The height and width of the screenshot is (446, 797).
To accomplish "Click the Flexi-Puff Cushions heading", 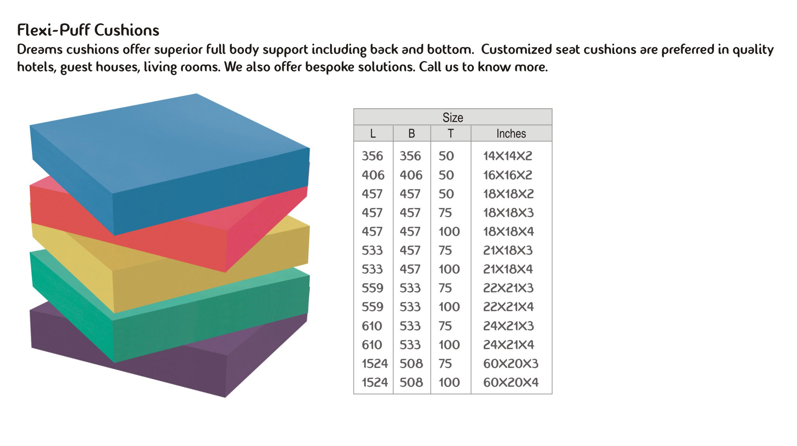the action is pyautogui.click(x=88, y=30).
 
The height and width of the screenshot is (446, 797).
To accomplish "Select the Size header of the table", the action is pyautogui.click(x=453, y=117).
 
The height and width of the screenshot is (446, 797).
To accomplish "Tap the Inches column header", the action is pyautogui.click(x=511, y=133).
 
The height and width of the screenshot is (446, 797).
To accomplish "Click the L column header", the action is pyautogui.click(x=373, y=133).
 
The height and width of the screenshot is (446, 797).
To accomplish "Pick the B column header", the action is pyautogui.click(x=411, y=133).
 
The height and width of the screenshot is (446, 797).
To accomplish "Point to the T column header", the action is pyautogui.click(x=450, y=133).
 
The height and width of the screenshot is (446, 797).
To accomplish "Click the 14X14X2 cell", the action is pyautogui.click(x=508, y=156).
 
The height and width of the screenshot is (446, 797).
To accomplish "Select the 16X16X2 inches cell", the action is pyautogui.click(x=508, y=175).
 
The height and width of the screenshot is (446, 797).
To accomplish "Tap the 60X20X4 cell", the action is pyautogui.click(x=511, y=382).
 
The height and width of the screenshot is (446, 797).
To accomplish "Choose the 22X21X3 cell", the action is pyautogui.click(x=508, y=288).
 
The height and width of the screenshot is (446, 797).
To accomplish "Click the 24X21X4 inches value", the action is pyautogui.click(x=508, y=345).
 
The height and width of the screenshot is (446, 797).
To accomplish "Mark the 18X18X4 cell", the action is pyautogui.click(x=508, y=231).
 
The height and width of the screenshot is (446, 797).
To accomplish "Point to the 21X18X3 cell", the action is pyautogui.click(x=508, y=250).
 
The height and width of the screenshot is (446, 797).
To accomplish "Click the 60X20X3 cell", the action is pyautogui.click(x=511, y=363).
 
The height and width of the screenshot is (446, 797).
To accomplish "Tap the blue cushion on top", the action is pyautogui.click(x=170, y=164).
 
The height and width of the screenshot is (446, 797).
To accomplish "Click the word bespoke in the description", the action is pyautogui.click(x=330, y=67).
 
